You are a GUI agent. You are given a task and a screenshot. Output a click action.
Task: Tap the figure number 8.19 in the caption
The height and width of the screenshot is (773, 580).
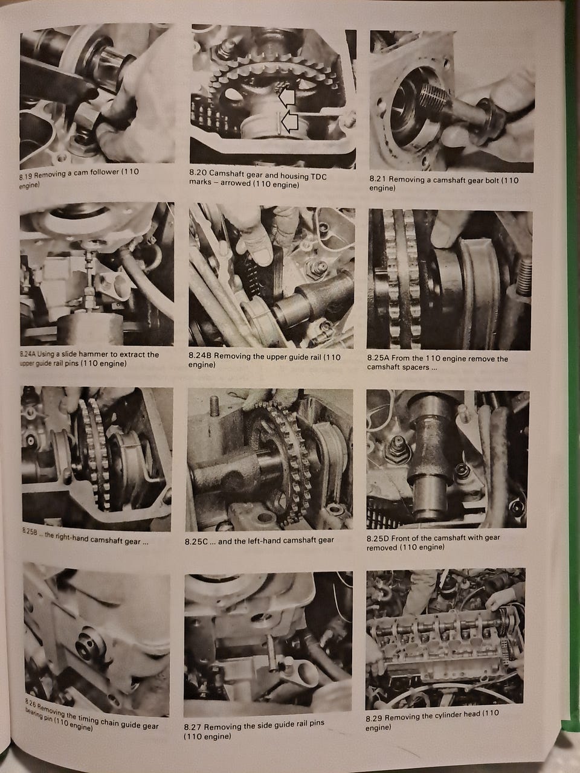point(26,175)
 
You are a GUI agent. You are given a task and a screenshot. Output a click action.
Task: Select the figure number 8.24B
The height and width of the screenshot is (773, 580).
point(199,356)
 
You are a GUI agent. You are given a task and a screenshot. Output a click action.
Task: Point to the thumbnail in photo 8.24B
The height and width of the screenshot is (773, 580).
point(262,256)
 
